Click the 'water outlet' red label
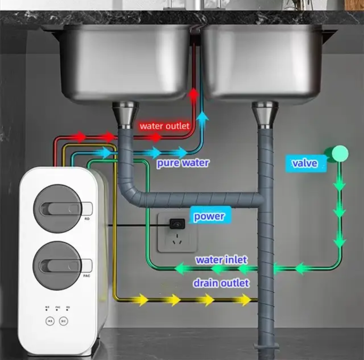point(165,126)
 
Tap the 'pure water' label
point(183,163)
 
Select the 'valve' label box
point(305,163)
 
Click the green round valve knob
point(340,153)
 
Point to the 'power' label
point(209,216)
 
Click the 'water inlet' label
point(221,260)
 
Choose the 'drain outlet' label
point(221,283)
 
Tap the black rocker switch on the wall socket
point(177,223)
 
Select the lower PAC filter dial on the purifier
point(58,266)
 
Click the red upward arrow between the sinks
point(193,94)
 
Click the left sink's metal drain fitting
point(125,115)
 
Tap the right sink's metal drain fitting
point(265,115)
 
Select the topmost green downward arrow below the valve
point(339,185)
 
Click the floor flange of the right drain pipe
point(266,346)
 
